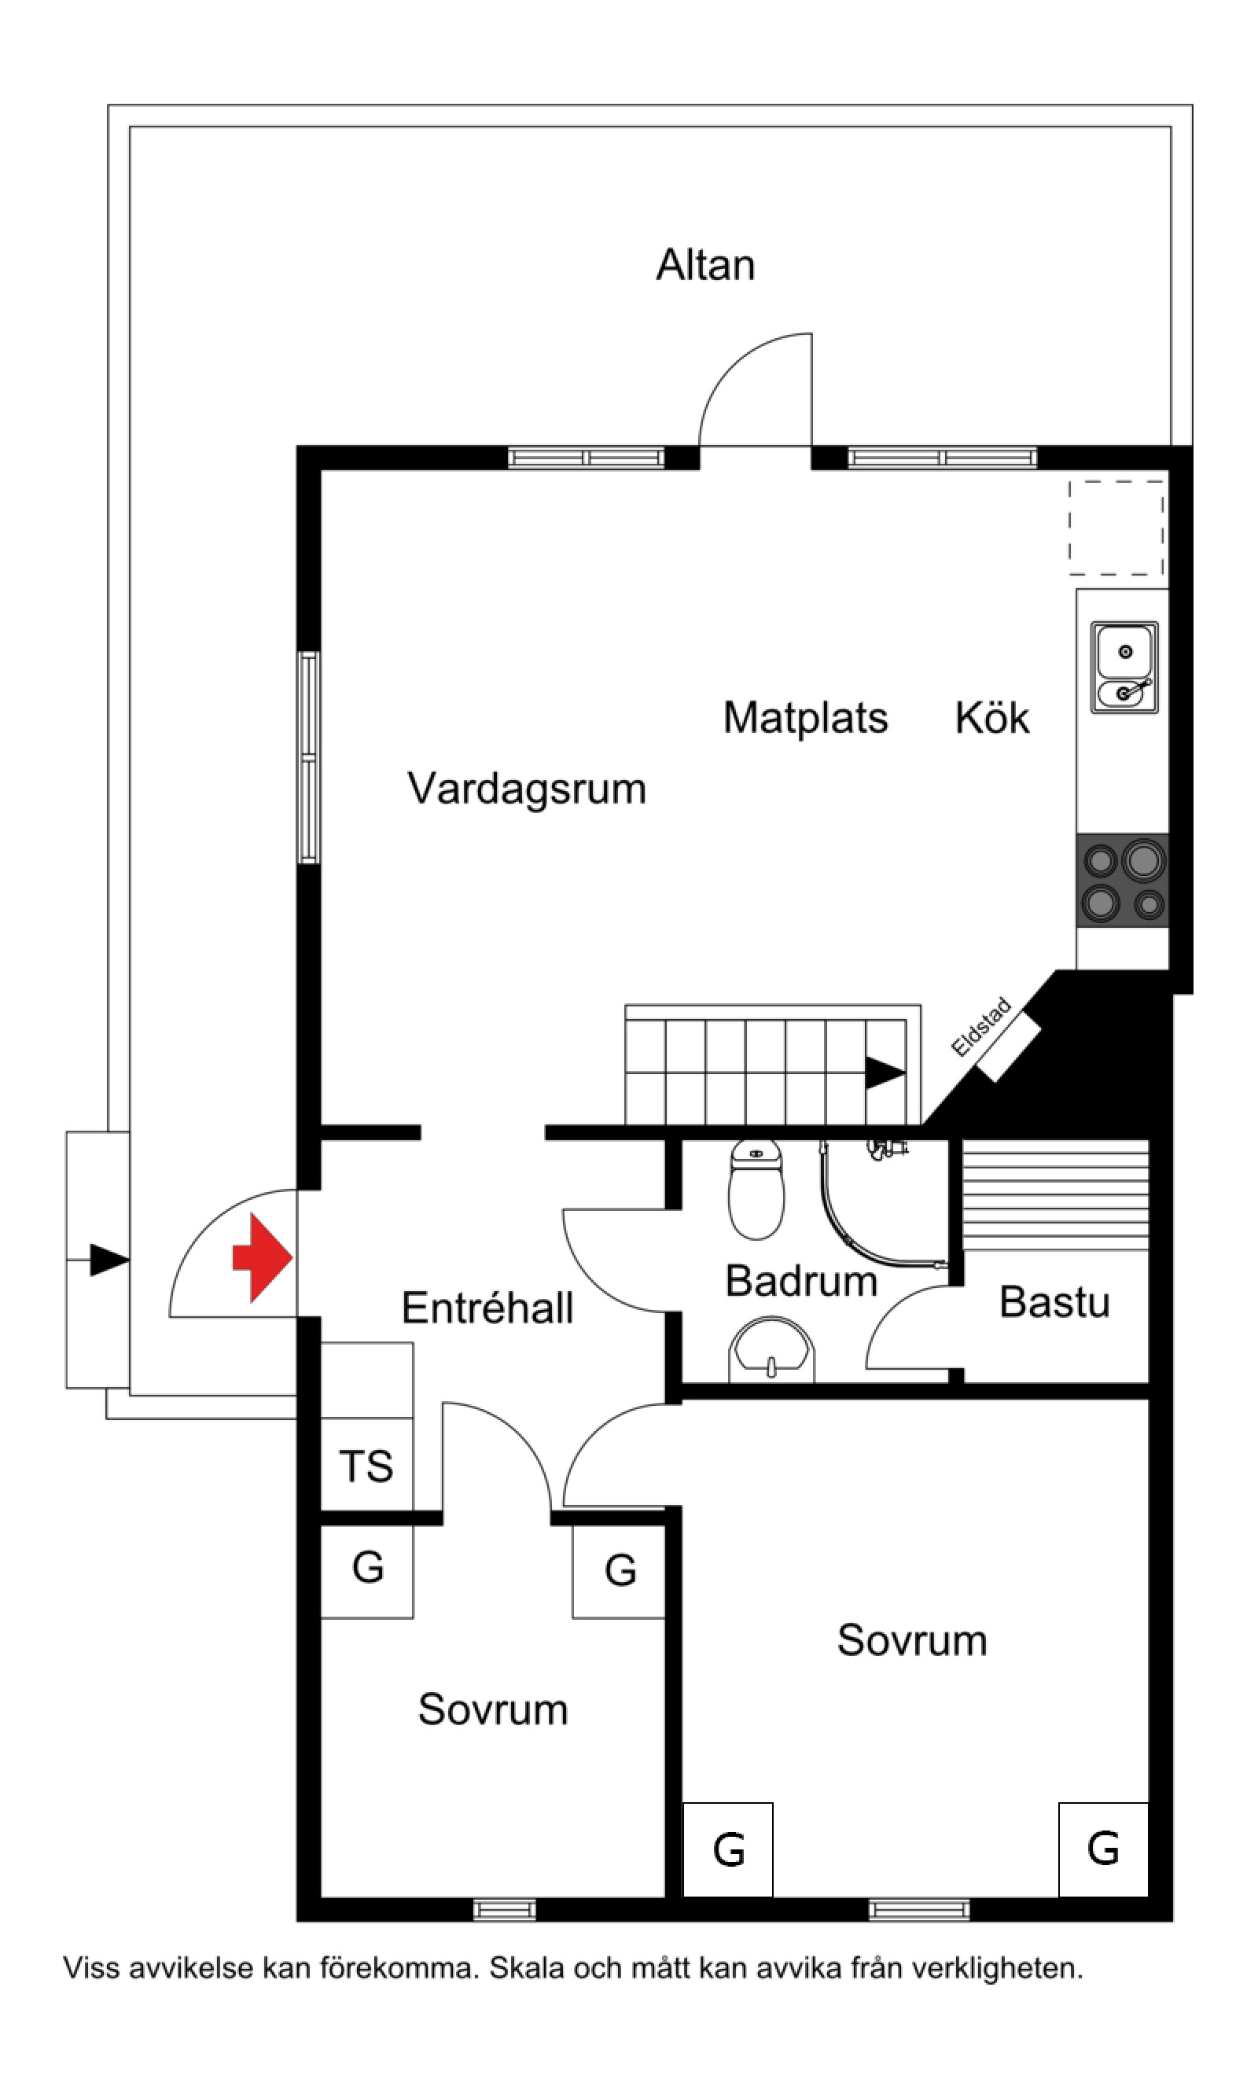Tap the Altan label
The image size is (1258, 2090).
click(x=705, y=265)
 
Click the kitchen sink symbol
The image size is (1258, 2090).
click(x=1124, y=668)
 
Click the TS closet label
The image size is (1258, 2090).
click(x=366, y=1467)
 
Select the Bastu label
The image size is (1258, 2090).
click(x=1054, y=1303)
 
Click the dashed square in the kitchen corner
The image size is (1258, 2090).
click(x=1116, y=528)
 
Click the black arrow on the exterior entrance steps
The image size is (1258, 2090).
click(x=109, y=1260)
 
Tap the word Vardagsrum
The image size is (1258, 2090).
click(x=527, y=789)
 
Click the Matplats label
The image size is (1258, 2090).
click(x=804, y=718)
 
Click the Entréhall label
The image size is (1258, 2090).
click(x=487, y=1308)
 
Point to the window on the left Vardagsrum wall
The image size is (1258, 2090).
click(x=310, y=757)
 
